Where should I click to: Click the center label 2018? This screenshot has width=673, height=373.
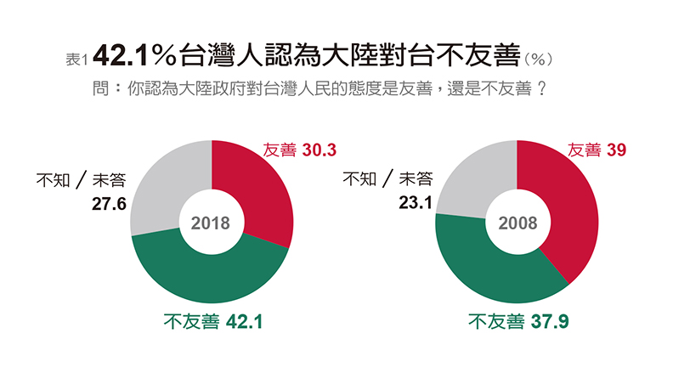[211, 223]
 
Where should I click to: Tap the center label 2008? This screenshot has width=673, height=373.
[517, 223]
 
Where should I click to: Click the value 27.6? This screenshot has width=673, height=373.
[109, 204]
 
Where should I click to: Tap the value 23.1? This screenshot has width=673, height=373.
[415, 204]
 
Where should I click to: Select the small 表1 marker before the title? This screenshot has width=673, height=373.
[76, 59]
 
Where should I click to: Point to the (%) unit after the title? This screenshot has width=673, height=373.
[539, 59]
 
